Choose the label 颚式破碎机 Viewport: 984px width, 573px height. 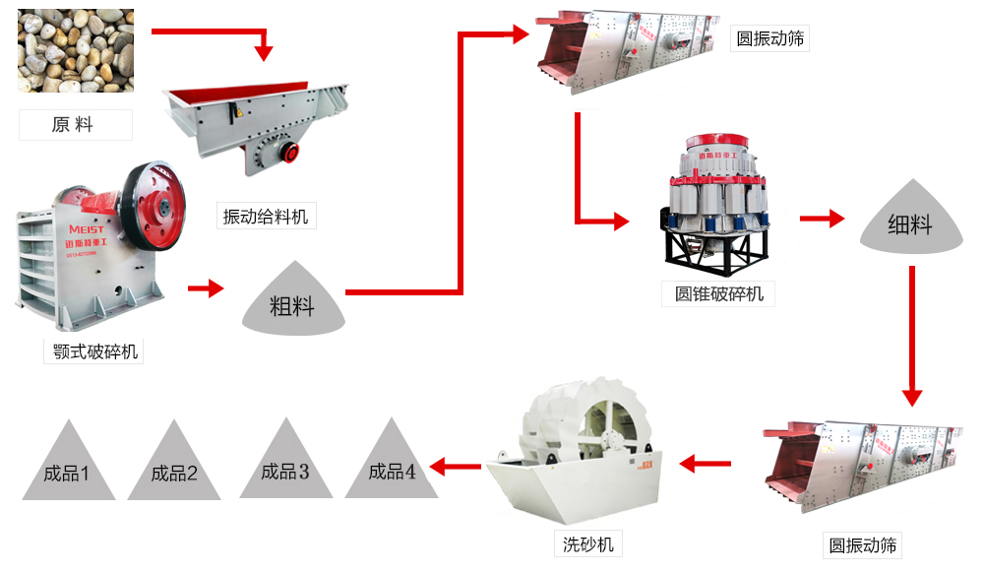click(x=93, y=350)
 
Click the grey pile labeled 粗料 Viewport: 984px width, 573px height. click(x=292, y=301)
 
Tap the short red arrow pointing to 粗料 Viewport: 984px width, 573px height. click(x=206, y=288)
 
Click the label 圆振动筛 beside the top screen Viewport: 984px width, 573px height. click(x=771, y=39)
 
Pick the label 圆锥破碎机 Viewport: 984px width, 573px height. click(x=718, y=293)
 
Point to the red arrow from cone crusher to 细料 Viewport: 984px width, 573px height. click(x=822, y=219)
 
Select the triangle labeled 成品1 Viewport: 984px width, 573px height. click(x=67, y=465)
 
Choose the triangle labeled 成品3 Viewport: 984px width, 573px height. click(x=285, y=464)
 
